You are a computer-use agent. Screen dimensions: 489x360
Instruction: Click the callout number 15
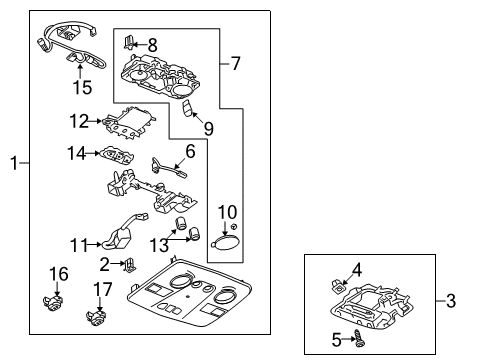(82, 88)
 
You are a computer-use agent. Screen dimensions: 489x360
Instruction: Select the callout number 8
(152, 45)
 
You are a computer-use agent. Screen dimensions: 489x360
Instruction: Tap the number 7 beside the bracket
(235, 63)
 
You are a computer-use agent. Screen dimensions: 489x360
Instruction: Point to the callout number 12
(79, 121)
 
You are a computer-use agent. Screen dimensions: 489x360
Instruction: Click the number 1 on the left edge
(14, 163)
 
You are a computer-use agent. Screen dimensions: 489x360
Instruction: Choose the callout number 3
(451, 301)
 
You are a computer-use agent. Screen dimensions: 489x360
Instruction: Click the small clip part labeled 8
(129, 42)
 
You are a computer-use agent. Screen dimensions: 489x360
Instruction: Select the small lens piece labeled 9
(187, 108)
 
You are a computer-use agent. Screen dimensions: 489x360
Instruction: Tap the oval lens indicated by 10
(225, 242)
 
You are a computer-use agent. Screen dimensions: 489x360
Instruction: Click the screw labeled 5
(359, 338)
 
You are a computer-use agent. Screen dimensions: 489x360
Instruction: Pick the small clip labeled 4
(337, 286)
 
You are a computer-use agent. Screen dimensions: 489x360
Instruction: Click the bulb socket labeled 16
(53, 302)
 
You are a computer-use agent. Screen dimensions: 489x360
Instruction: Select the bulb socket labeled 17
(96, 317)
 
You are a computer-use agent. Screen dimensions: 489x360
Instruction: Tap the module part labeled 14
(117, 155)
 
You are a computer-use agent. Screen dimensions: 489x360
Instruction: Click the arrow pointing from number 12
(95, 121)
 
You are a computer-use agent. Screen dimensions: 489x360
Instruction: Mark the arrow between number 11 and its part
(95, 245)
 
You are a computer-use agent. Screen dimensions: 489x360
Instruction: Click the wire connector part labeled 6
(168, 168)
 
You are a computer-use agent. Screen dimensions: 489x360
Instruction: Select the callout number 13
(159, 245)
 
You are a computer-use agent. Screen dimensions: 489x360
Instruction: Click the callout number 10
(227, 212)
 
